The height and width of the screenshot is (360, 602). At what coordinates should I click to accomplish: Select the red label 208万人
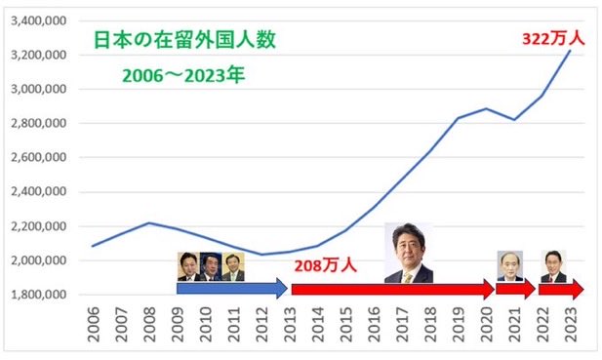tap(327, 265)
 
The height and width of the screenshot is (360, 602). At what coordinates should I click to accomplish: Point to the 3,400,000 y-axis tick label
tap(37, 20)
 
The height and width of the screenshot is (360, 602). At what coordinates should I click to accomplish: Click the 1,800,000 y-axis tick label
tap(37, 295)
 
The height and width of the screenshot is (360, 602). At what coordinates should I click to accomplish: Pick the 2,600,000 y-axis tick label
tap(37, 158)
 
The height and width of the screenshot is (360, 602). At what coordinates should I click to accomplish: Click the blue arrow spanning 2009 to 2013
tap(232, 289)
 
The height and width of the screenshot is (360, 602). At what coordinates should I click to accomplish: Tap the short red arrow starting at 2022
tap(562, 289)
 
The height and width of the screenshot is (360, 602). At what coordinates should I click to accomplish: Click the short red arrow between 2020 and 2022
tap(515, 289)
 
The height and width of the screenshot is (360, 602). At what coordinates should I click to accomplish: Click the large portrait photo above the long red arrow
tap(408, 253)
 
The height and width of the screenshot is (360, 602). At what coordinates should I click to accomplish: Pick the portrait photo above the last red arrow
tap(553, 266)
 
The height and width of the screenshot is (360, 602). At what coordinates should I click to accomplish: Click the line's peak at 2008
tap(148, 222)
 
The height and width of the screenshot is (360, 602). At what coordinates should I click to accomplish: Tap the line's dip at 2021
tap(514, 119)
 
